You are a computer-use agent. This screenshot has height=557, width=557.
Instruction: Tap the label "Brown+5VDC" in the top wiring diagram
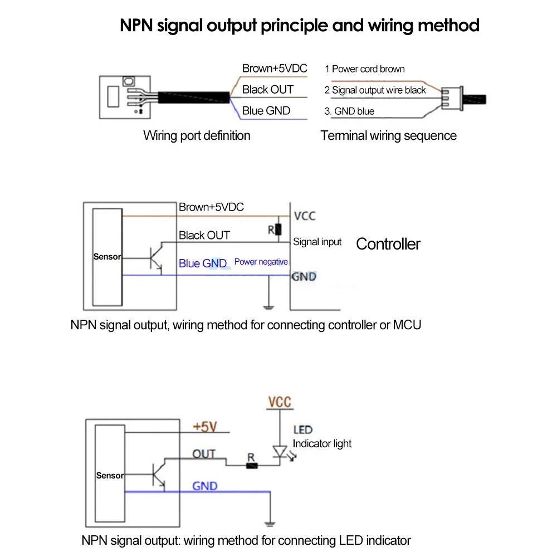click(x=275, y=69)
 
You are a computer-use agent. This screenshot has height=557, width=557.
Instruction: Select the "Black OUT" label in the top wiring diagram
click(x=267, y=90)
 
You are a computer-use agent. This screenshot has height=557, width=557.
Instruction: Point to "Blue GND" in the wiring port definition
click(x=266, y=110)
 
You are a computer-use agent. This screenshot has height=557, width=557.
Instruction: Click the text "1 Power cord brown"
click(x=364, y=69)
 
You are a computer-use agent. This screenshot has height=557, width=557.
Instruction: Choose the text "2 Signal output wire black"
click(x=375, y=90)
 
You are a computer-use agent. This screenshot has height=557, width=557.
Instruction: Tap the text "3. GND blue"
click(x=349, y=111)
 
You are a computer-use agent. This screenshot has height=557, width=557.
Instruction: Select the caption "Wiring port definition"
click(x=197, y=135)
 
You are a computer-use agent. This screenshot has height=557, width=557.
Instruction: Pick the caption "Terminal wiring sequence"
click(x=388, y=135)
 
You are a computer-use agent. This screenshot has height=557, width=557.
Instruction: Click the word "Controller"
click(x=388, y=243)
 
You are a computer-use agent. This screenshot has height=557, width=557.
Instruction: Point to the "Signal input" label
click(x=317, y=242)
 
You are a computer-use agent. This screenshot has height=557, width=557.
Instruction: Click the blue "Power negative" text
click(x=261, y=262)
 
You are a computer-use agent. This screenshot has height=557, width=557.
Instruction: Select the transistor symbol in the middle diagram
click(x=155, y=257)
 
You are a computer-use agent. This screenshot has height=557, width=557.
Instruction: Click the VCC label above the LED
click(x=279, y=402)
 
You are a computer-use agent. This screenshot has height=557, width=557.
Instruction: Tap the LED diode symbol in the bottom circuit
click(x=279, y=451)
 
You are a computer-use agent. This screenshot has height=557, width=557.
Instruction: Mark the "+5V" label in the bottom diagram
click(x=204, y=427)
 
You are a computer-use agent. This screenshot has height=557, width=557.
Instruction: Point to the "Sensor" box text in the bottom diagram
click(x=110, y=476)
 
